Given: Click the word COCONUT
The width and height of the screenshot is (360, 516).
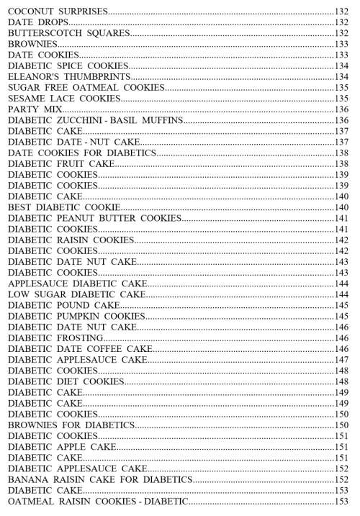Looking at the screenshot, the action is [30, 12].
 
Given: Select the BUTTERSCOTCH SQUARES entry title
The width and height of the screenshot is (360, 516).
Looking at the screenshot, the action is [69, 34].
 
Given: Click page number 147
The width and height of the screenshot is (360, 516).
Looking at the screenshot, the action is [341, 359].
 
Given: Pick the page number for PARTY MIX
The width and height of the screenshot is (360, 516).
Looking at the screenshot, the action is [341, 109].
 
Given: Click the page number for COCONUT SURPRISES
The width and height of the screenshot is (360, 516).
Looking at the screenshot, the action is [341, 12].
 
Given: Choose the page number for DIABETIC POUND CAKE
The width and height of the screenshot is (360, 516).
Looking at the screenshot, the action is [341, 305].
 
